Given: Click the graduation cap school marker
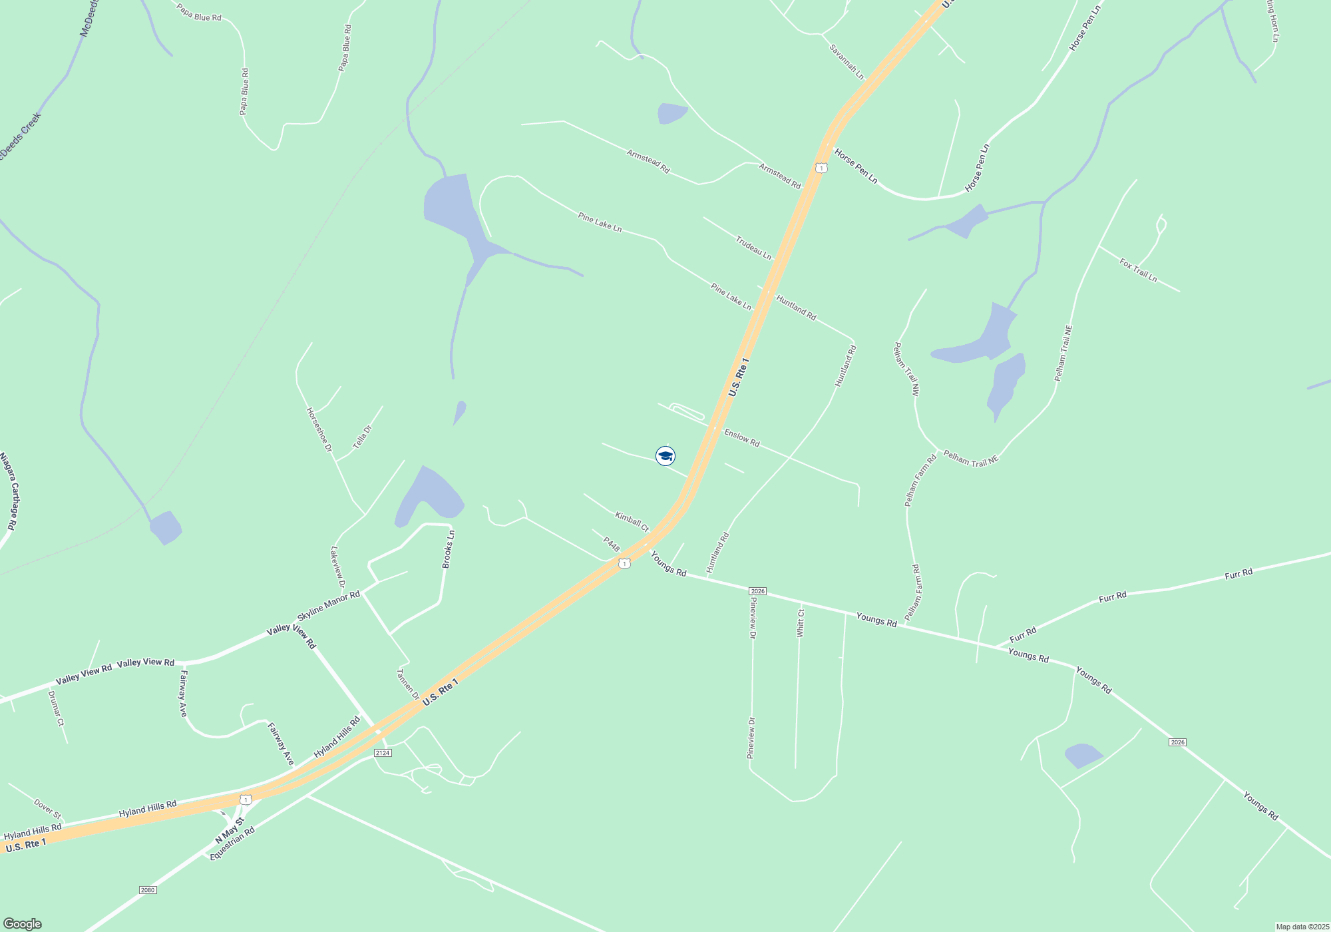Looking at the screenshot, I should pos(665,456).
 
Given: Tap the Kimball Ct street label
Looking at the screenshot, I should pos(632,521).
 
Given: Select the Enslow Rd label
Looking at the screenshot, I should pos(741,438).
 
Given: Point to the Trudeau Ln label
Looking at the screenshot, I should pos(753,248).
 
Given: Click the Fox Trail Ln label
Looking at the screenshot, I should pos(1138,270).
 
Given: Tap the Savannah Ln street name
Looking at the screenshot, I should pos(847,62).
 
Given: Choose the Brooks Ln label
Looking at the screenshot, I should pos(449,549).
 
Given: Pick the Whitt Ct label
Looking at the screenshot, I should pos(801,623).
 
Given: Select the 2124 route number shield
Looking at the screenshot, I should pos(382,753).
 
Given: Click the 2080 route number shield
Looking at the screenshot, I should pos(148,890).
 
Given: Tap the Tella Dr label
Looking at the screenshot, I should pos(362,437).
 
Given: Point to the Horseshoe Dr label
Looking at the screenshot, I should pos(319,429).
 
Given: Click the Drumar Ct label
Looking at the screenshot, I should pos(56,709).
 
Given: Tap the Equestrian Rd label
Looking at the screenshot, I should pos(232,843).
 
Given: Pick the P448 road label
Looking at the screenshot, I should pos(612,544).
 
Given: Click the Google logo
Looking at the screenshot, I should pos(23,924).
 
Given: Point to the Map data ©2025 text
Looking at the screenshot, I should pos(1302,927).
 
